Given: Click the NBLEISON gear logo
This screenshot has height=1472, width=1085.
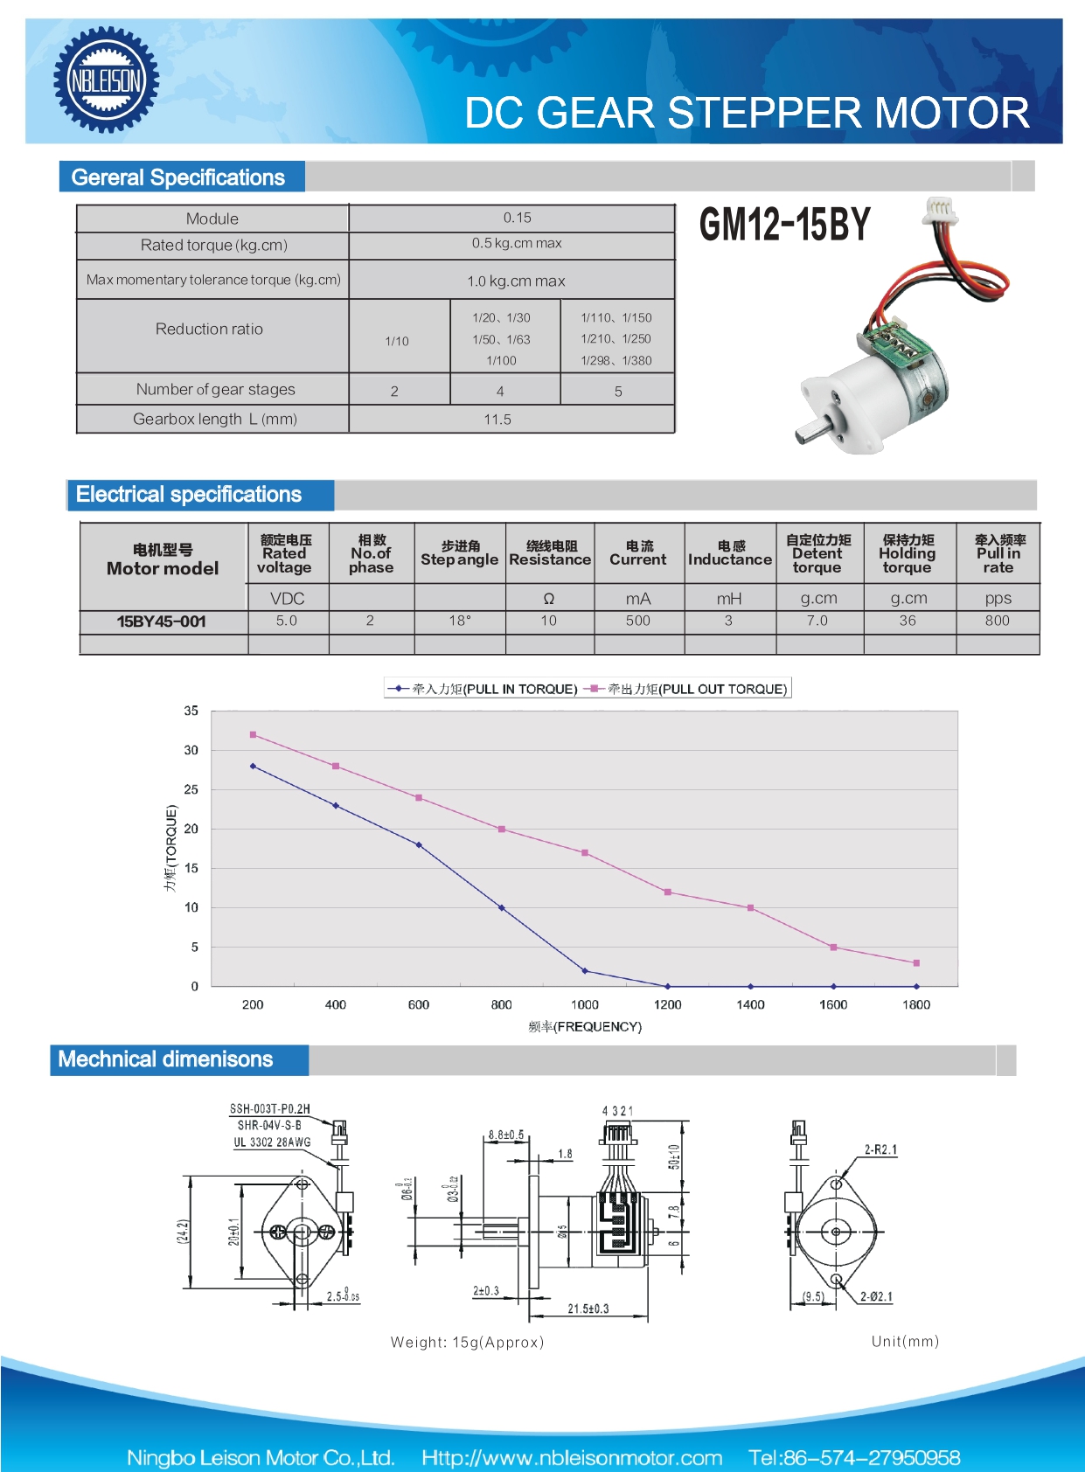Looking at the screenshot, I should pos(106,80).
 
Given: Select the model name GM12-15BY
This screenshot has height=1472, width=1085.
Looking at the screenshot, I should pos(784,225).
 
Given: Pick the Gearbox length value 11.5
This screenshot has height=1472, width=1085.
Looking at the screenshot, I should pos(497,420).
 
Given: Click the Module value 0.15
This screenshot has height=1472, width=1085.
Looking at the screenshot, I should pos(517,218).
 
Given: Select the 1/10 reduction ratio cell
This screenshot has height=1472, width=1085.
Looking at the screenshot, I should pos(397,341).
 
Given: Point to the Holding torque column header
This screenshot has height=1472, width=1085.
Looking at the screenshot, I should pos(907,554).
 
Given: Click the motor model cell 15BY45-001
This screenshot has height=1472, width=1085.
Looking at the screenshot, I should pos(162,621).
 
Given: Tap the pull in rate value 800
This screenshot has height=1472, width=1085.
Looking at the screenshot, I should pos(997,621).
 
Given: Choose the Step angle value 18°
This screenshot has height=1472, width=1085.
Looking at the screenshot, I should pos(460,621).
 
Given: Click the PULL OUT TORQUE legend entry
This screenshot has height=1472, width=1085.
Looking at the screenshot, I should pos(688,689).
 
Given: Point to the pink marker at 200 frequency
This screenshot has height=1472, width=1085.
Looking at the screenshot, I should pos(253,735).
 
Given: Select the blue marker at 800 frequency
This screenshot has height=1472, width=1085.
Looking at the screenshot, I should pos(502,908).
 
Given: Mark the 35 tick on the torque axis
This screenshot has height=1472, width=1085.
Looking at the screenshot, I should pos(191,711).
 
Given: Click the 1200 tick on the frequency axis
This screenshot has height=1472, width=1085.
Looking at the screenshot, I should pos(667,1004).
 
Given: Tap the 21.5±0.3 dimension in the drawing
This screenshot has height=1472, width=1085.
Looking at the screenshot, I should pos(588,1309).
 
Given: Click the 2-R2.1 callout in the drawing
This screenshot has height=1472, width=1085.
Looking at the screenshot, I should pos(880,1149).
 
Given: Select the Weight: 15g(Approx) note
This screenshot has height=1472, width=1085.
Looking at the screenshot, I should pos(467,1342).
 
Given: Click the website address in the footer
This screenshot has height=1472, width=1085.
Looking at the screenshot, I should pos(572,1457).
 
